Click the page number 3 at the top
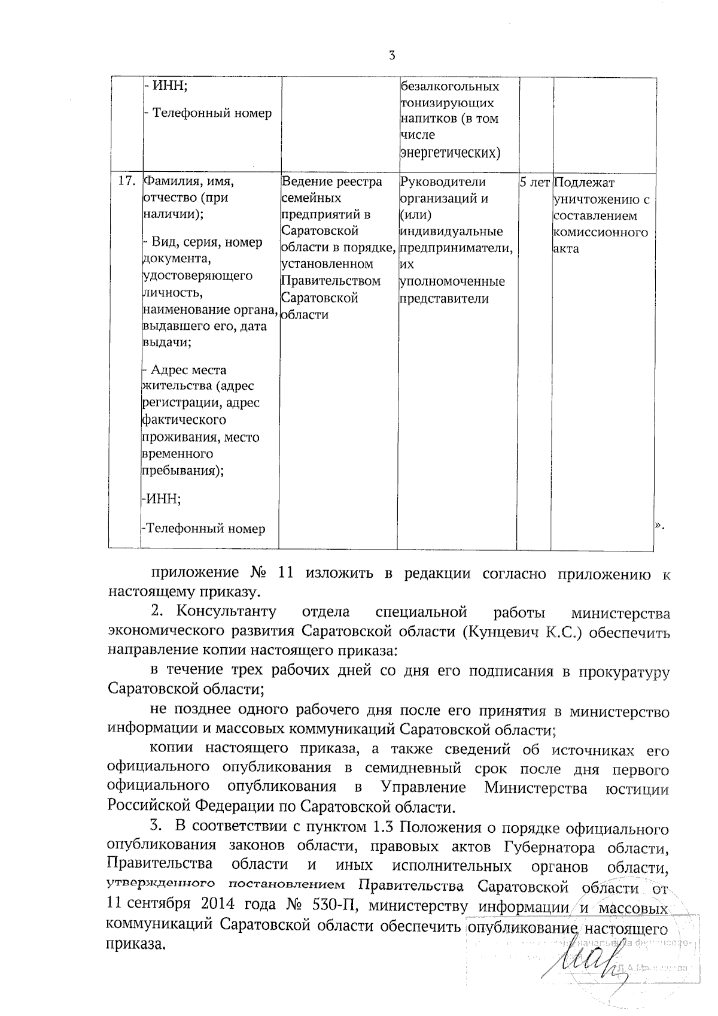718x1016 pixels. pyautogui.click(x=391, y=56)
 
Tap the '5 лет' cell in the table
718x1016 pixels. pyautogui.click(x=534, y=182)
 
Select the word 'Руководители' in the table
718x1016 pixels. pyautogui.click(x=443, y=181)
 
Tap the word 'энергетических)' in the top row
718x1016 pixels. pyautogui.click(x=450, y=153)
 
